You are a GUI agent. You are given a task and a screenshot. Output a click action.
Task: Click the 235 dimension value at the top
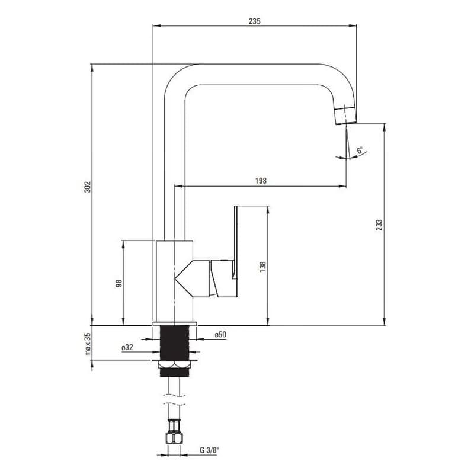coord(254,21)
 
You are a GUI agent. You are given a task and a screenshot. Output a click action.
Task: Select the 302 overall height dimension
coord(87,187)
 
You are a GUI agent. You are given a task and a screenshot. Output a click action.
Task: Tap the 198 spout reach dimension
coord(261,181)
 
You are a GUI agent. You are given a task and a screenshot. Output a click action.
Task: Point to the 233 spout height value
coord(379,225)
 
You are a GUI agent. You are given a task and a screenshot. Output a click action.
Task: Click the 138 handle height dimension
coord(262,267)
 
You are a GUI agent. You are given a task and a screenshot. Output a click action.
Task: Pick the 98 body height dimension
coord(119,283)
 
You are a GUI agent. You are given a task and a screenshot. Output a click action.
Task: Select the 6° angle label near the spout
coord(360,150)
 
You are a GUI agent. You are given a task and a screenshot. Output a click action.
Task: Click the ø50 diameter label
coord(220,335)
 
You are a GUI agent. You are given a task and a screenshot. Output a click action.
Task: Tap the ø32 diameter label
coord(127,348)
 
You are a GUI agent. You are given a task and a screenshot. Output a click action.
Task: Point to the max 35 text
coord(88,344)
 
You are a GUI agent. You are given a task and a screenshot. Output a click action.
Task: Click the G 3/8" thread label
coord(209,450)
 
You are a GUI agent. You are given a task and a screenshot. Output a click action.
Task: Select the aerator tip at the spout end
coord(345,115)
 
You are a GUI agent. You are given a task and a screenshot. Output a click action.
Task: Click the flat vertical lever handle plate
coord(235,242)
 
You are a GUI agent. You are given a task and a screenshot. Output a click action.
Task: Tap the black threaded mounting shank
coord(174,343)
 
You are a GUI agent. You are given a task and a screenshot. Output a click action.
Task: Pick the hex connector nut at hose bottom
coord(174,438)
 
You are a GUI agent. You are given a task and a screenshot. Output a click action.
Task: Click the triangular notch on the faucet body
coord(184,278)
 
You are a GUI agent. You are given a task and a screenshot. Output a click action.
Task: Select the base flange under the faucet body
coord(174,324)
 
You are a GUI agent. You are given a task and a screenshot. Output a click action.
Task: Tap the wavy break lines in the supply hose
coord(174,399)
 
